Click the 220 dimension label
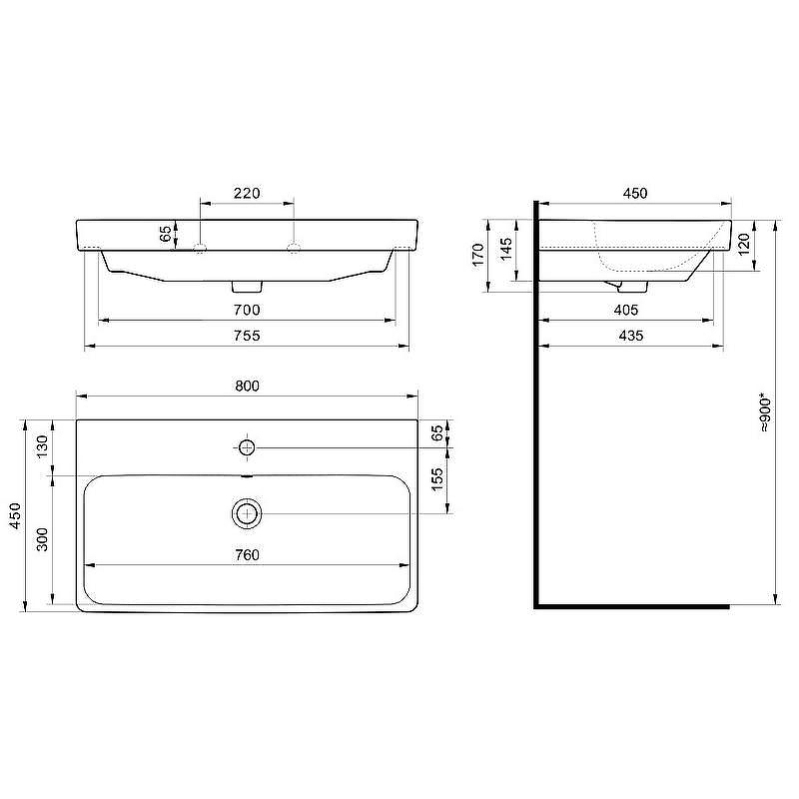coord(247,193)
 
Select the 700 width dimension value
coord(247,310)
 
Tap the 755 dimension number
coord(247,336)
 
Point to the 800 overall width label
coord(247,387)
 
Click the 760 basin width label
coord(247,555)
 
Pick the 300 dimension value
coord(42,539)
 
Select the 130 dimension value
coord(42,446)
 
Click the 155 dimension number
coord(437,480)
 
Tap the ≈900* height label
coord(765,412)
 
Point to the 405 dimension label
coord(626,310)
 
